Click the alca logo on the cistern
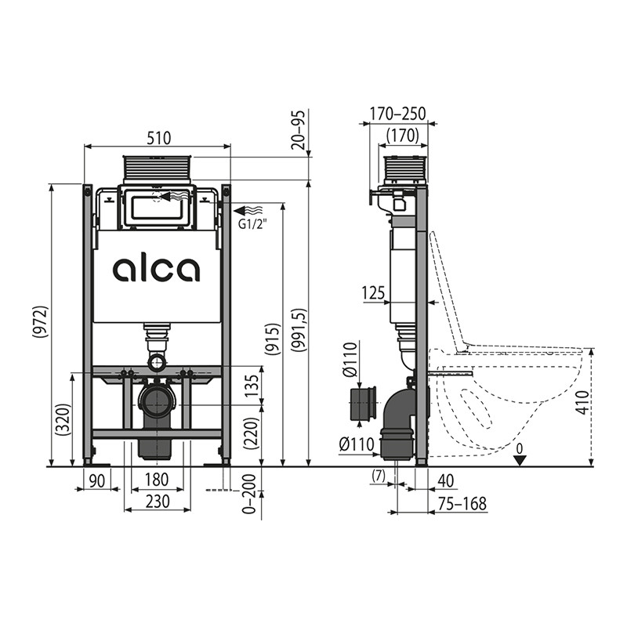[156, 270]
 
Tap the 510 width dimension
[159, 138]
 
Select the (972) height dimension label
[41, 321]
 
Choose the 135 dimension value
[252, 385]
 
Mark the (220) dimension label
[252, 433]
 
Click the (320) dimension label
[63, 419]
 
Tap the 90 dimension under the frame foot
[97, 480]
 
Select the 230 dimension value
[158, 501]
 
